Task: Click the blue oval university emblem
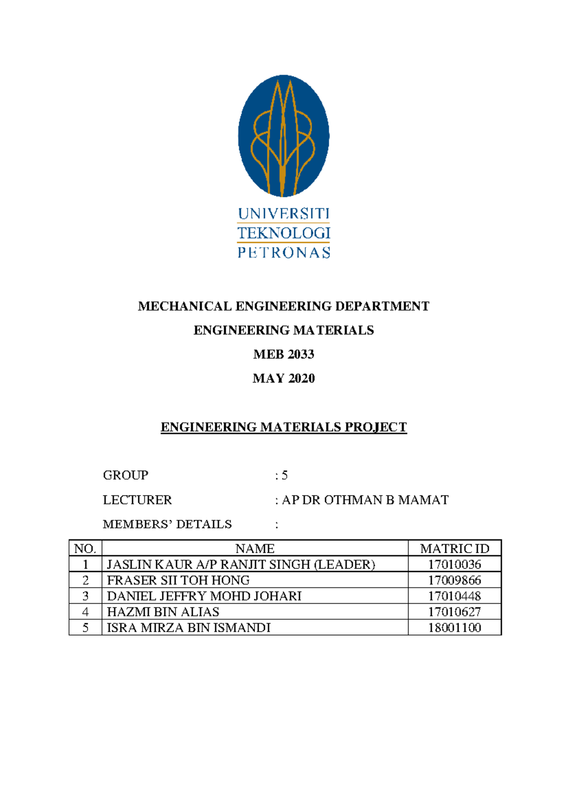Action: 284,136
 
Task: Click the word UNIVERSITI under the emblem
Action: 284,214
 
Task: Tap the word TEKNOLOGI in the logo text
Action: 284,233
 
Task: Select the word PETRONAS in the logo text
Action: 284,252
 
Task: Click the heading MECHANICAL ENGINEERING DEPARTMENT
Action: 284,306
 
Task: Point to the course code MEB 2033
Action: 284,354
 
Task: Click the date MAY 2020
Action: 284,378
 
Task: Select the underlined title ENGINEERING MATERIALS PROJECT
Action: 284,427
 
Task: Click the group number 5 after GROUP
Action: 284,475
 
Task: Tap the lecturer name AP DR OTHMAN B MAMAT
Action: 365,500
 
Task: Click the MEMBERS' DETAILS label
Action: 167,524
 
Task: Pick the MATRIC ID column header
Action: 454,548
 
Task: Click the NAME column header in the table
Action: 255,548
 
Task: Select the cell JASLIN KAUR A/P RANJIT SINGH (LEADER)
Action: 241,564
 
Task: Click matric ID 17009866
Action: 454,580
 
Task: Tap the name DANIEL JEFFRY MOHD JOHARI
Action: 204,596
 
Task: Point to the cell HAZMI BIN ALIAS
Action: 163,612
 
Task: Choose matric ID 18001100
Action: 454,628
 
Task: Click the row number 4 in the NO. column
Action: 85,612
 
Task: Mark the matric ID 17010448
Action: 454,596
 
